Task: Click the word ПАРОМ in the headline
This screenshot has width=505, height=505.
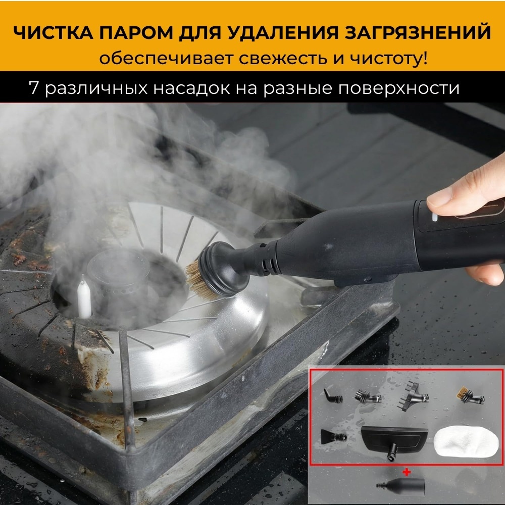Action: click(x=136, y=33)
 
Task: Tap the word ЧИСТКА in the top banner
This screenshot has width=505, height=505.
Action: click(x=53, y=33)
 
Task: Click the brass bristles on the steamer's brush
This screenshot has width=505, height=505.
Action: click(x=196, y=279)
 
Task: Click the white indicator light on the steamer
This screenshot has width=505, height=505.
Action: click(x=435, y=217)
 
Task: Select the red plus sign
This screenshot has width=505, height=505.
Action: click(x=407, y=472)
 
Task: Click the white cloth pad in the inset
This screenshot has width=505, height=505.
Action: click(x=462, y=442)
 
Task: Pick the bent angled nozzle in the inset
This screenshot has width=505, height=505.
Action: click(x=333, y=396)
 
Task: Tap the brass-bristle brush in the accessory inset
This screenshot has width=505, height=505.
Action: click(x=470, y=395)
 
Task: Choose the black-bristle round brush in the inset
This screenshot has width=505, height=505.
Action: click(x=368, y=396)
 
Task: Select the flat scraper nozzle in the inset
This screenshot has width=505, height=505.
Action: click(x=334, y=436)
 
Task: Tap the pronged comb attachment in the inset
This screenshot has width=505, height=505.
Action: click(x=412, y=396)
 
